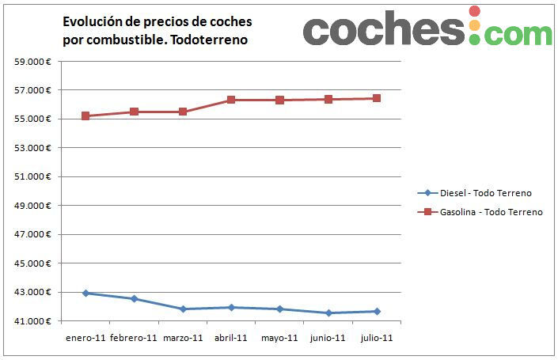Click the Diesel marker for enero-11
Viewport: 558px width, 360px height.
coord(85,293)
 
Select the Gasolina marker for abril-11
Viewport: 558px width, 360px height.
coord(231,100)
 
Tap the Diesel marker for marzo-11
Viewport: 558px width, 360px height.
coord(183,309)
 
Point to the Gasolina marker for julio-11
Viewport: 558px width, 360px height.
coord(377,98)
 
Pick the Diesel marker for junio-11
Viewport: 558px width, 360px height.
coord(328,313)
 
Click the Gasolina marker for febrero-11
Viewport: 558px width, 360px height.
coord(135,112)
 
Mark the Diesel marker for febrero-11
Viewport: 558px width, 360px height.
coord(135,298)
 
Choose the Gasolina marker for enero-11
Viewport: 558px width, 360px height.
coord(85,116)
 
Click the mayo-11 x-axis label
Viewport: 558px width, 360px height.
coord(279,338)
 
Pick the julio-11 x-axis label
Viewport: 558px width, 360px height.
coord(377,338)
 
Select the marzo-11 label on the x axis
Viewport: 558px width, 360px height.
coord(183,338)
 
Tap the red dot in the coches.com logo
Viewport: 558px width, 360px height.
coord(474,11)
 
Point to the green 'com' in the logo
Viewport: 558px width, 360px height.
coord(518,33)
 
